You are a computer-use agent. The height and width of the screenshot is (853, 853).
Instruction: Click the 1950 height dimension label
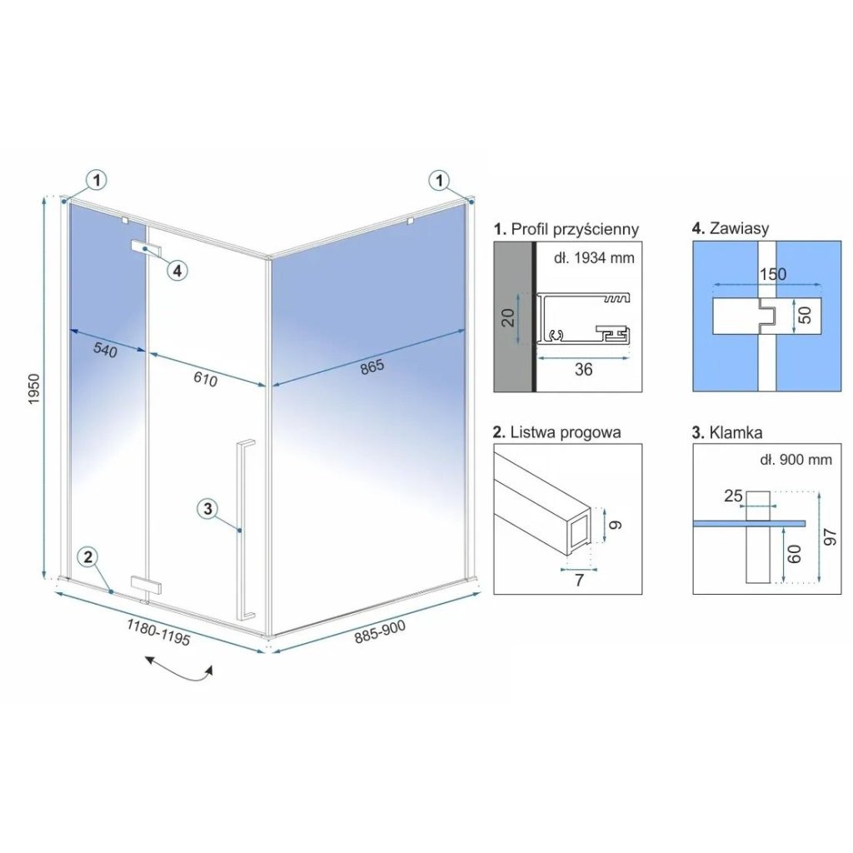tap(33, 388)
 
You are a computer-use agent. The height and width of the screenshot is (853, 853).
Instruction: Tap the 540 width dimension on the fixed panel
tap(105, 350)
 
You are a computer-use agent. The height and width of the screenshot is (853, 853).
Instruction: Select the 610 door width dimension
tap(206, 379)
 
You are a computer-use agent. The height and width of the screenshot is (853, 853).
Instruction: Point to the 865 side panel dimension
tap(372, 367)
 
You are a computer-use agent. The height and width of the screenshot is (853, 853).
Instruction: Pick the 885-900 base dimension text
tap(380, 631)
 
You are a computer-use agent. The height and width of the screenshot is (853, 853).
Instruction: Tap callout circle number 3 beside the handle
tap(207, 509)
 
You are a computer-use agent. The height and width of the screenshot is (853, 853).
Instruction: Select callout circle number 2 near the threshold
tap(89, 556)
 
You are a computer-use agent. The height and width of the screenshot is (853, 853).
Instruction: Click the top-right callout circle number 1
tap(440, 180)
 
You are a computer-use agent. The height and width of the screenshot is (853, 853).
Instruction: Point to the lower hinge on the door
tap(147, 586)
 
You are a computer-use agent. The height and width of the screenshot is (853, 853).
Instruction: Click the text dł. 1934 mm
tap(594, 257)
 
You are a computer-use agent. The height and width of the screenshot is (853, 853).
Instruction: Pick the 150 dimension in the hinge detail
tap(773, 273)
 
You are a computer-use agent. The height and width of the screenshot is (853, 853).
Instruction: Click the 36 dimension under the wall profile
tap(583, 369)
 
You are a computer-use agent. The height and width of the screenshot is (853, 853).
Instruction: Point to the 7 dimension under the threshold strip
tap(580, 580)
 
